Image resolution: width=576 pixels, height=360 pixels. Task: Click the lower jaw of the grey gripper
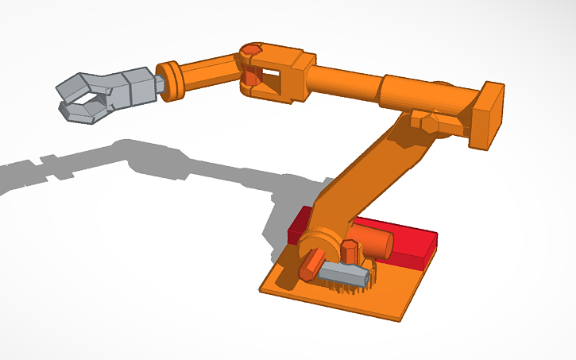click(x=83, y=112)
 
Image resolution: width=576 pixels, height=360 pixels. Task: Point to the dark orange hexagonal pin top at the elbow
click(x=251, y=52)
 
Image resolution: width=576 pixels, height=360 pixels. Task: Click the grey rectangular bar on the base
click(x=344, y=274)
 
